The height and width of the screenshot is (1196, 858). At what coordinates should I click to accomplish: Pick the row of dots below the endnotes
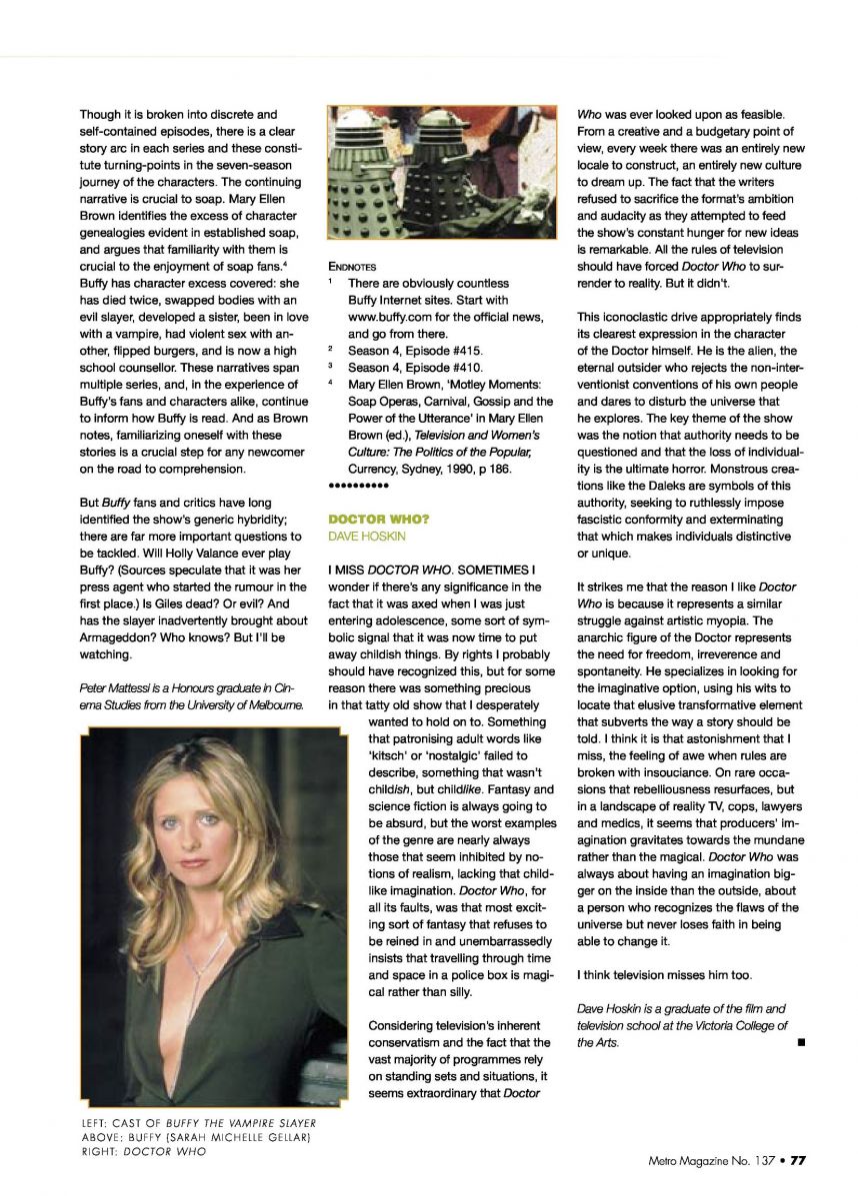[x=357, y=486]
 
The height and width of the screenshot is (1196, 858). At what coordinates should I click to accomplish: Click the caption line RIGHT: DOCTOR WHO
[x=143, y=1152]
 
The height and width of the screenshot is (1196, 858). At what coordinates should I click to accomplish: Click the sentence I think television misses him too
[x=664, y=974]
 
